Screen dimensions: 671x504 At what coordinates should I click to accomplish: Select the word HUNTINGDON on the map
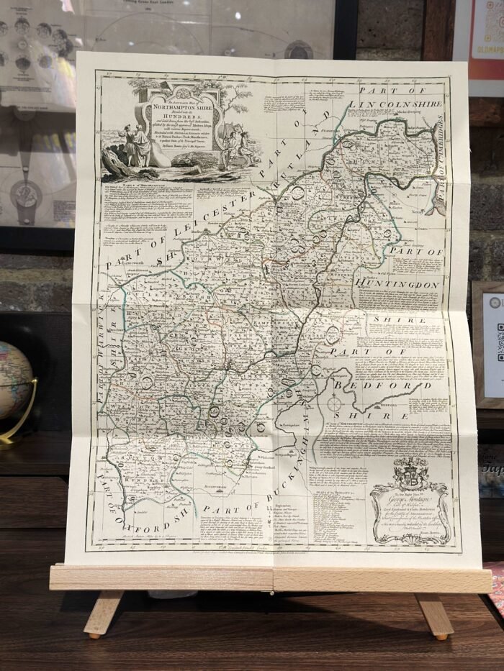click(397, 286)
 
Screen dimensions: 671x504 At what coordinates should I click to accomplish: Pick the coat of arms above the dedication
click(411, 475)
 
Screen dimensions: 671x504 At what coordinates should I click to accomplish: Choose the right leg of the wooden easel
click(436, 616)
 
